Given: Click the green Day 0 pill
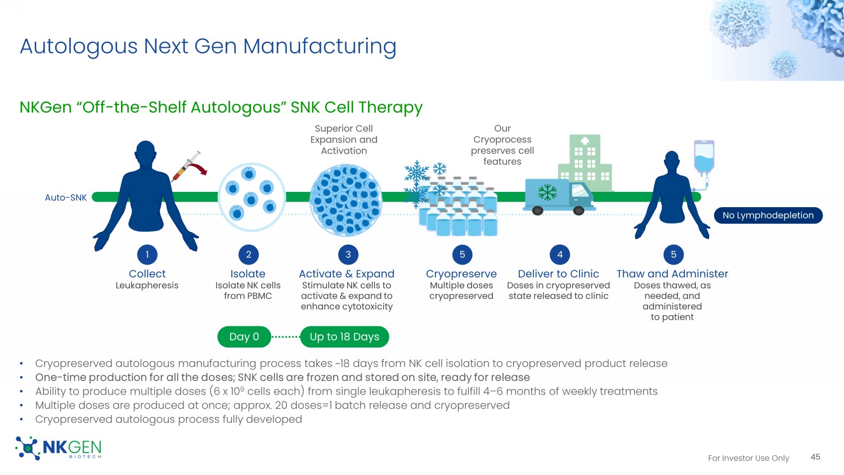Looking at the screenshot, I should pos(244,337).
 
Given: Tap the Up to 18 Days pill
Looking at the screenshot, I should pos(344,337).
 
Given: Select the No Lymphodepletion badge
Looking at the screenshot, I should pos(768,216).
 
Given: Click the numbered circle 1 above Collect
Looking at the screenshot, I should pos(147,254).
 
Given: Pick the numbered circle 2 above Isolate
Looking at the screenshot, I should pos(248,254).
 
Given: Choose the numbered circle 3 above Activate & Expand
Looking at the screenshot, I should pos(348,254).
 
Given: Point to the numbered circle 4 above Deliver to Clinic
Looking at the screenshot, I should pos(560,254).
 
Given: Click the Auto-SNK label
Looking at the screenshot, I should pos(66,198).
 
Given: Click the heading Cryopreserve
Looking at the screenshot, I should pos(461,274).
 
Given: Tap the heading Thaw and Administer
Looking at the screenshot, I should pos(672,274).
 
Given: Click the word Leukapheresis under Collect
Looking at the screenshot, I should pos(147,285).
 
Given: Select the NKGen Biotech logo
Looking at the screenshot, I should pos(59,448).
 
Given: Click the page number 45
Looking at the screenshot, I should pos(815,457).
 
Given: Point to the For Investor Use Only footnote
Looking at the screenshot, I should pos(748,458).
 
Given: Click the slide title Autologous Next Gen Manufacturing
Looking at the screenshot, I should pos(208,46).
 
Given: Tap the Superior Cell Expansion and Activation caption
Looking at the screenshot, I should pos(344,140).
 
